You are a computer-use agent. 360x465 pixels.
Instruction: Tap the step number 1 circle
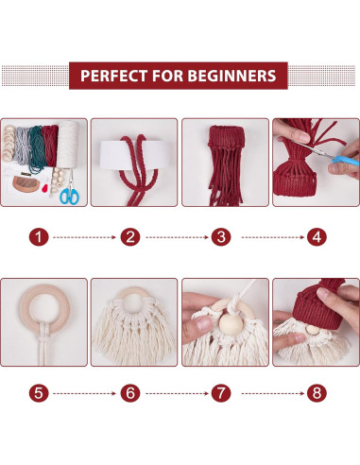click(x=39, y=238)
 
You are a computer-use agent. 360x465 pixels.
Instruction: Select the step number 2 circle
click(x=130, y=238)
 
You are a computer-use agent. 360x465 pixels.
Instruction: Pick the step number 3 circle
click(x=224, y=238)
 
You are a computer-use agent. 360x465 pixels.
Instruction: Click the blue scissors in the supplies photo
click(x=69, y=196)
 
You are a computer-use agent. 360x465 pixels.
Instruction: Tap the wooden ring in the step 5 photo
click(x=43, y=301)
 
